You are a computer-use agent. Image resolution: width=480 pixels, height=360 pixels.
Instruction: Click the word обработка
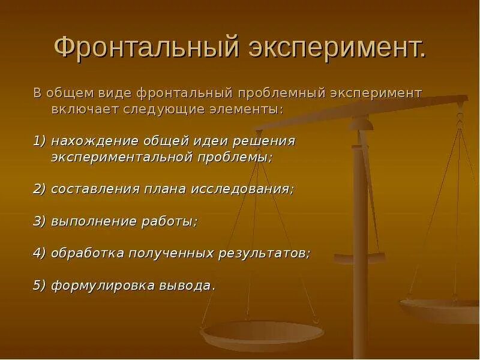coord(87,253)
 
